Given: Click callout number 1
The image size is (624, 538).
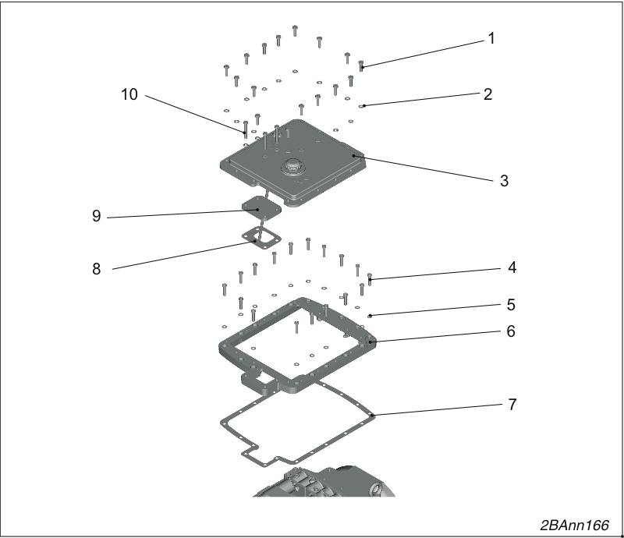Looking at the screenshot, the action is click(491, 39).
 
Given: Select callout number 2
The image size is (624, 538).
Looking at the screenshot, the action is click(488, 94).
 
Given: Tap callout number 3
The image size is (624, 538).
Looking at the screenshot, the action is click(504, 181).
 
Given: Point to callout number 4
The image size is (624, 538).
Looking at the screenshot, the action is click(512, 267).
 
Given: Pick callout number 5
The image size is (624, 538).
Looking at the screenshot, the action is click(512, 305).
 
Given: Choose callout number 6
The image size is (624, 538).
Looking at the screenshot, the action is click(511, 331).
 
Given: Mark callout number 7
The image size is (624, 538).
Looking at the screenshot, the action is click(512, 405).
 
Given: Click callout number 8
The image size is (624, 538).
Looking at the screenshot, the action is click(96, 269).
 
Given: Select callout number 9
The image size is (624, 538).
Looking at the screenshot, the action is click(96, 216).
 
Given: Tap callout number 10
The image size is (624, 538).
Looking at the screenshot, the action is click(129, 94).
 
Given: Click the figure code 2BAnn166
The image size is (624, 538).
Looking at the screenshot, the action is click(575, 526).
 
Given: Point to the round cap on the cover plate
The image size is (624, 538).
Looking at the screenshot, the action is click(292, 166).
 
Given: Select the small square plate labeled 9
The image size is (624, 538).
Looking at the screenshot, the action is click(262, 207).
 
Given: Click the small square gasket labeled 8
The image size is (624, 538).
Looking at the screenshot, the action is click(261, 238).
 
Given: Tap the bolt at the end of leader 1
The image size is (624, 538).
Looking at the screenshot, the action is click(361, 65).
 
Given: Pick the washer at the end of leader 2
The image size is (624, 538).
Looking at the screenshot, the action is click(361, 106).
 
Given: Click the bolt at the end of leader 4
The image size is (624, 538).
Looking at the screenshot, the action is click(370, 278).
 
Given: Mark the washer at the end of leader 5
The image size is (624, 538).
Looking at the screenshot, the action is click(370, 316).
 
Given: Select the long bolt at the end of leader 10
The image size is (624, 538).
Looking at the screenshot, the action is click(246, 129).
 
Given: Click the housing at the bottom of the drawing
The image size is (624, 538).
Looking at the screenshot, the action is click(324, 482).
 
